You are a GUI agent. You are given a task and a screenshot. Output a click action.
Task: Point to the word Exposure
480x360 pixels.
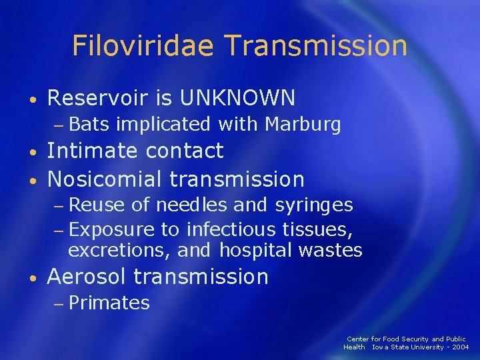click(112, 230)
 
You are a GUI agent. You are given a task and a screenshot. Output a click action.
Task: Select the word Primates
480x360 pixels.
click(109, 303)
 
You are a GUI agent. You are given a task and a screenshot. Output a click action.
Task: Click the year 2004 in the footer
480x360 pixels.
click(461, 347)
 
